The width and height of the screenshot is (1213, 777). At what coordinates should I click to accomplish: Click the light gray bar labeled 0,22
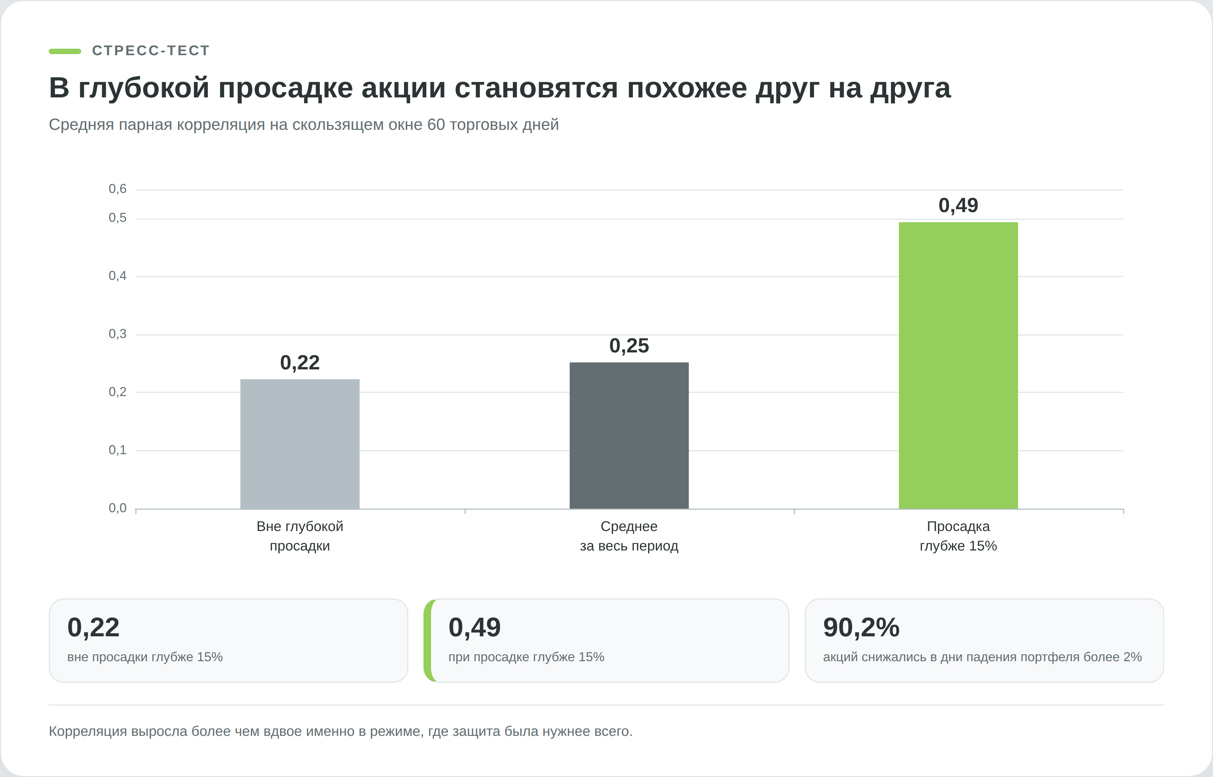(300, 444)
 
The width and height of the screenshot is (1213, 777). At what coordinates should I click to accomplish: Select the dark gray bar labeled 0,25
(629, 435)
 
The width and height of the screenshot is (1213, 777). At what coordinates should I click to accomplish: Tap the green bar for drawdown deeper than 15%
(958, 365)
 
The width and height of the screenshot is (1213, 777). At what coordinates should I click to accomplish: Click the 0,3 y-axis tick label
(118, 334)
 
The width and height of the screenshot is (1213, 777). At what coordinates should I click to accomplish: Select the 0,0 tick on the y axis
(118, 508)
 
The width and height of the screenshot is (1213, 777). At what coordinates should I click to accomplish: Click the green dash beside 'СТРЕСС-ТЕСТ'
(65, 51)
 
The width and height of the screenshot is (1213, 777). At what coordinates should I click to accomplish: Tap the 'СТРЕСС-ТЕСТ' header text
(151, 51)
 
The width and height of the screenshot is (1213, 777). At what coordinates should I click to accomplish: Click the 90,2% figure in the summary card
(861, 627)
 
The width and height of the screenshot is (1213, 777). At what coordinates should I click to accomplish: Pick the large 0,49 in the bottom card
(474, 628)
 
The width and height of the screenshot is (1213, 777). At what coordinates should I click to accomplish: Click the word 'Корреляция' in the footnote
(88, 732)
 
